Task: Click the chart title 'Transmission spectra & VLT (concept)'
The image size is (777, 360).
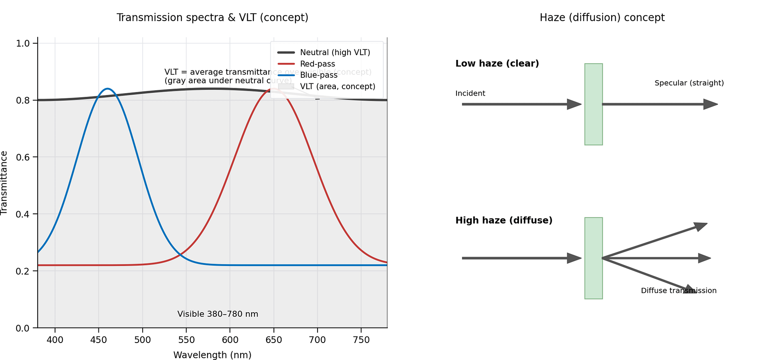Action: [x=212, y=18]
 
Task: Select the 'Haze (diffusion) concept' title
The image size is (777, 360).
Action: [x=602, y=18]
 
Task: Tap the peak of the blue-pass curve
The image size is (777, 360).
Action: [x=107, y=89]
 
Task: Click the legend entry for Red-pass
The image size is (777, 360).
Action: [x=317, y=64]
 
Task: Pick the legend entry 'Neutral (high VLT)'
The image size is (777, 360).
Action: [x=335, y=53]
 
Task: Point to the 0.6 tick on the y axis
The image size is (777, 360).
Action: [x=23, y=157]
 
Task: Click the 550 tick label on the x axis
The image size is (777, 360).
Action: [x=186, y=340]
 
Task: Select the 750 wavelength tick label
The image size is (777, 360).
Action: [x=361, y=340]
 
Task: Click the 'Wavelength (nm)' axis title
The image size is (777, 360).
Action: [x=212, y=355]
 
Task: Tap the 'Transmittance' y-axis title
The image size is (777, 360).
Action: [x=4, y=183]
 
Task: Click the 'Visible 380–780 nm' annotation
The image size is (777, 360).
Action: [x=218, y=314]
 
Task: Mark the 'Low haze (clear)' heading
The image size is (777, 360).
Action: [x=497, y=64]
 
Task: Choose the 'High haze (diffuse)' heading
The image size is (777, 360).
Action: [x=504, y=220]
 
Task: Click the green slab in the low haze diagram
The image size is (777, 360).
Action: [x=593, y=104]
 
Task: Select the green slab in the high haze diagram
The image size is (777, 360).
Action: [x=593, y=258]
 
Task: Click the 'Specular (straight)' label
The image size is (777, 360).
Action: [x=689, y=83]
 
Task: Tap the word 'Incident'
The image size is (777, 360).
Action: [x=470, y=94]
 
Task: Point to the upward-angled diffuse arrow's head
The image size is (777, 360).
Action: [x=701, y=226]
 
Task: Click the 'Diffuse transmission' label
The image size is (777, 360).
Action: [x=679, y=291]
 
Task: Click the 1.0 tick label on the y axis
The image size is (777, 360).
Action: [x=23, y=43]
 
